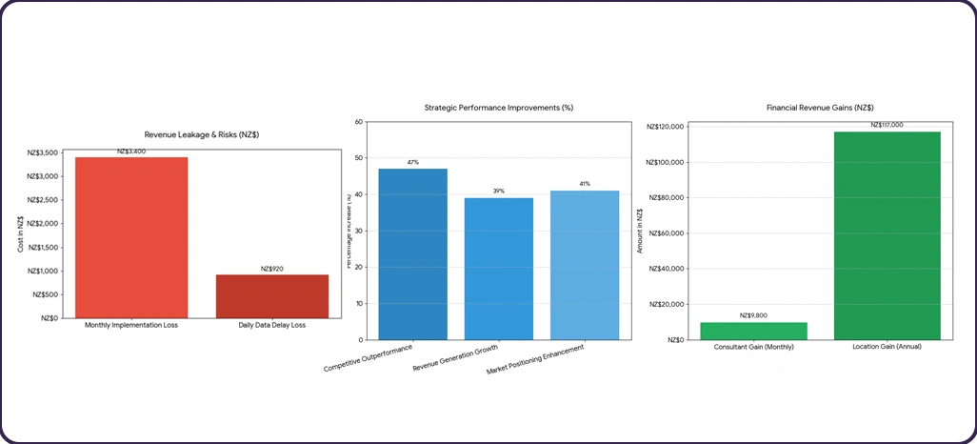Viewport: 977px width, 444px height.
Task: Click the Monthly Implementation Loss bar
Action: [131, 237]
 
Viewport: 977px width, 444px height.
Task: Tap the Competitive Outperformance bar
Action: [412, 253]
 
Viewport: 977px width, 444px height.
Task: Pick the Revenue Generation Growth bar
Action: [498, 269]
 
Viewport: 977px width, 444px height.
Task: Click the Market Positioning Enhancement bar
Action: [584, 265]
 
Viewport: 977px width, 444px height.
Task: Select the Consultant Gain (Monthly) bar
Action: [753, 331]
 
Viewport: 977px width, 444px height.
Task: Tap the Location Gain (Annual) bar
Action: [887, 235]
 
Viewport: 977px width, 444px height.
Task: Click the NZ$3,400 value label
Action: [131, 151]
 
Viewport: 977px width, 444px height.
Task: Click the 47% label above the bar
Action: [412, 163]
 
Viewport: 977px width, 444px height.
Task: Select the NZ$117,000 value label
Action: [887, 125]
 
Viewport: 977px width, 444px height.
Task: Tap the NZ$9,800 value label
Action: [753, 315]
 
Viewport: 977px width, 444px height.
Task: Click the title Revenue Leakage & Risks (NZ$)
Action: [201, 135]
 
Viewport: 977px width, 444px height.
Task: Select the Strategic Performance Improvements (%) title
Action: [499, 109]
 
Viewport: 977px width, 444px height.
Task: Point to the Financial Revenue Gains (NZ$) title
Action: [820, 109]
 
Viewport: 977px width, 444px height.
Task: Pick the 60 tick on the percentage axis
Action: [358, 122]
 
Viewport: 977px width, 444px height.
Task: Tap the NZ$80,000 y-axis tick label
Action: [667, 198]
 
